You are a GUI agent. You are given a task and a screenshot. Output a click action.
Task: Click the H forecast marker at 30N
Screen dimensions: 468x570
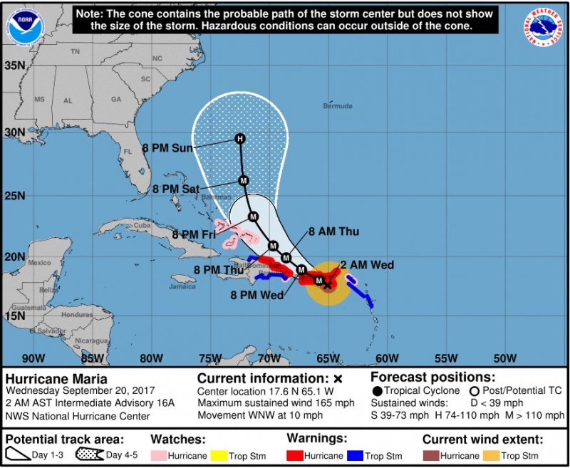[x=240, y=139]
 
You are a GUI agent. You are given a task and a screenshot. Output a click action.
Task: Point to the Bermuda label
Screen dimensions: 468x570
[x=337, y=106]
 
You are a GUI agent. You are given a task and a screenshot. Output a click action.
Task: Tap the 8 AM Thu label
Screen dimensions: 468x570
[x=333, y=232]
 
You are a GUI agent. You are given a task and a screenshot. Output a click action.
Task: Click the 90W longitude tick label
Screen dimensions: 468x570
[x=33, y=358]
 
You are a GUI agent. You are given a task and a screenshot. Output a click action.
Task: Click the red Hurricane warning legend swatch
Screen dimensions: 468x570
[x=299, y=455]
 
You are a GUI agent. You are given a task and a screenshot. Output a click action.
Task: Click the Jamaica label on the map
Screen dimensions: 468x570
[x=183, y=286]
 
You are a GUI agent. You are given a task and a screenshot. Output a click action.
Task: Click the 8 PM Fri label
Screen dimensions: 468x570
[x=195, y=234]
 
